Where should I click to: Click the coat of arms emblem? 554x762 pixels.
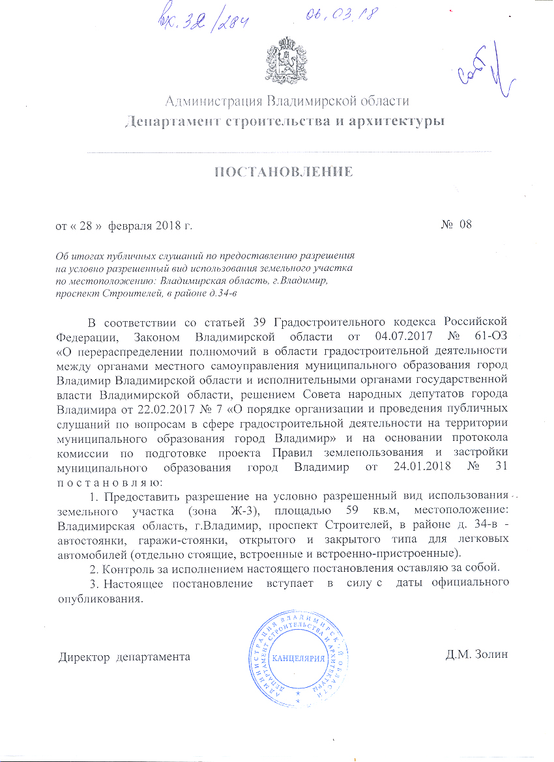coord(285,61)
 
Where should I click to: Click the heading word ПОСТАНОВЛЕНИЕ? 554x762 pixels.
coord(284,172)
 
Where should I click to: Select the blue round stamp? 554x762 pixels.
coord(297,656)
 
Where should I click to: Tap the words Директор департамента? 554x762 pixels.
coord(125,656)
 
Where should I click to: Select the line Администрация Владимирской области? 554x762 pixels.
coord(287,101)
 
